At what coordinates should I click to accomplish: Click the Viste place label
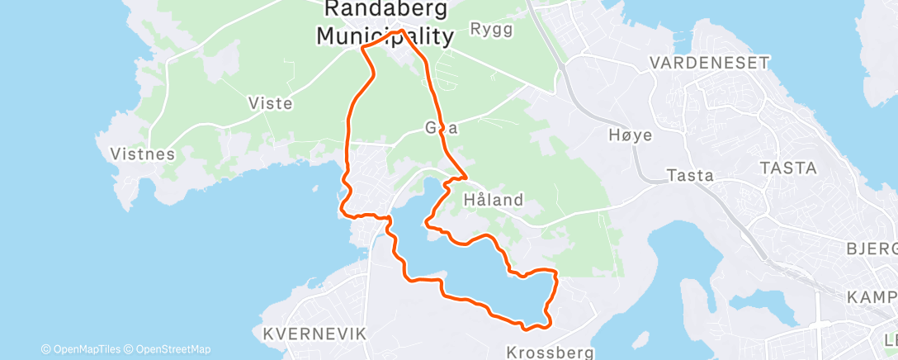tap(270, 103)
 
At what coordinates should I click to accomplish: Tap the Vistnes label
tap(143, 154)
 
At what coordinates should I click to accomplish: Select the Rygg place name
tap(491, 30)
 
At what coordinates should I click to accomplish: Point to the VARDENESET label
tap(709, 63)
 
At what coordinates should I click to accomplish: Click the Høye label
tap(630, 135)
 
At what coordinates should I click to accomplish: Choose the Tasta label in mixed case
tap(689, 175)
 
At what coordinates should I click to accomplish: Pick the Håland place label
tap(494, 199)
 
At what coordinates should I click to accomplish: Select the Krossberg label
tap(551, 352)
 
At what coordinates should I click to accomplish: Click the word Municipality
tap(385, 36)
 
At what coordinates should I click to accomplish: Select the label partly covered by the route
tap(441, 129)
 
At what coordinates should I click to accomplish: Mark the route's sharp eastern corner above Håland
tap(466, 176)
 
